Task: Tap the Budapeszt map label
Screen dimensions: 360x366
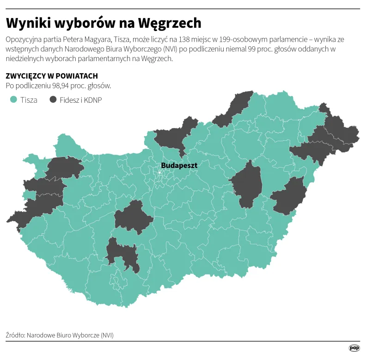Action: point(179,165)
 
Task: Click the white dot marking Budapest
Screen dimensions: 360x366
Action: point(159,172)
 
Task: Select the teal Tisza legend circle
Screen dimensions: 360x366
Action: point(13,99)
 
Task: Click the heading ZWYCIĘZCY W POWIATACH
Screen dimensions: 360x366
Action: point(52,76)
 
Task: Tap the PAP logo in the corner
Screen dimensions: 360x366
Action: point(354,348)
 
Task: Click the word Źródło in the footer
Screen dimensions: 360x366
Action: point(15,335)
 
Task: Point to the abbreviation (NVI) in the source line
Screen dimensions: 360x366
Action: point(107,335)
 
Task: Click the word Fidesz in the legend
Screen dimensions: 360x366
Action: point(68,99)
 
